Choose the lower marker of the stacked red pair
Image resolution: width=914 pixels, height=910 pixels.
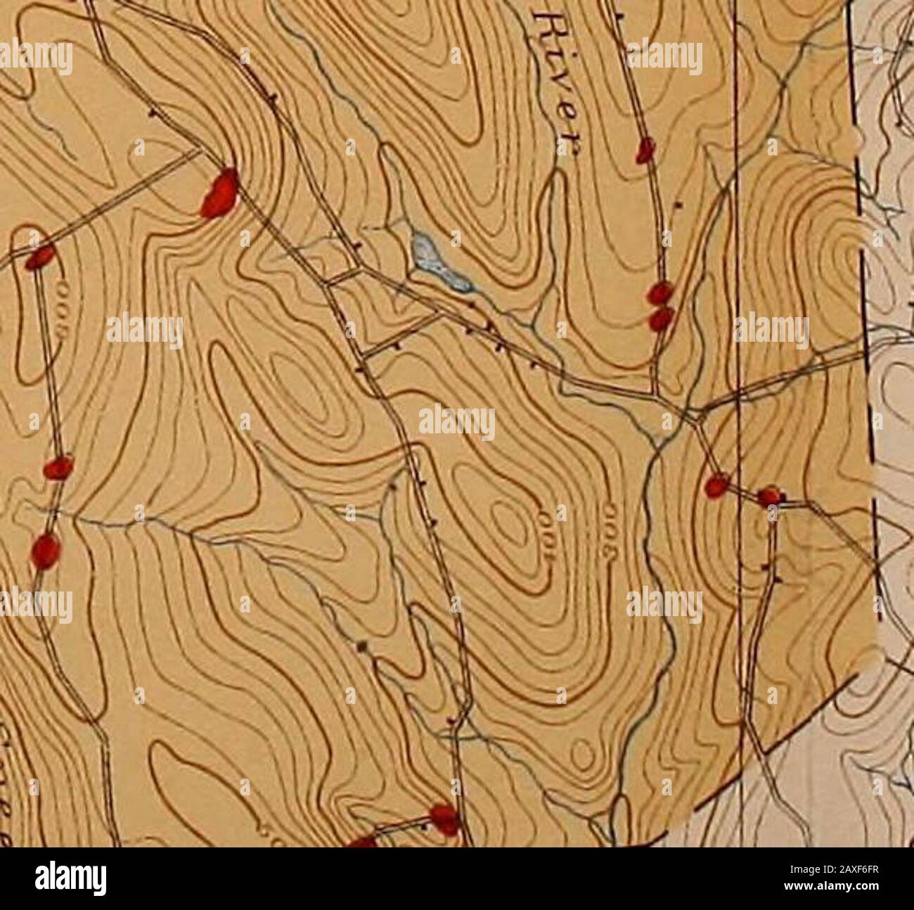[x=660, y=318]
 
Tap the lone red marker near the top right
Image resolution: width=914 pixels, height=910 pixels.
[x=645, y=149]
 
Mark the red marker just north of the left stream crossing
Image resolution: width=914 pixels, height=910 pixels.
[x=58, y=467]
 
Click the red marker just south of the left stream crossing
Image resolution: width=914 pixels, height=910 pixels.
[x=46, y=549]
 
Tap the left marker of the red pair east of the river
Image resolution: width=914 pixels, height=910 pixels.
[x=716, y=485]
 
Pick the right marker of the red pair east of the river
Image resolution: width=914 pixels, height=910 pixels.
[x=771, y=496]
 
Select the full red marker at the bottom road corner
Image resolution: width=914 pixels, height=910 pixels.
[x=444, y=817]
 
